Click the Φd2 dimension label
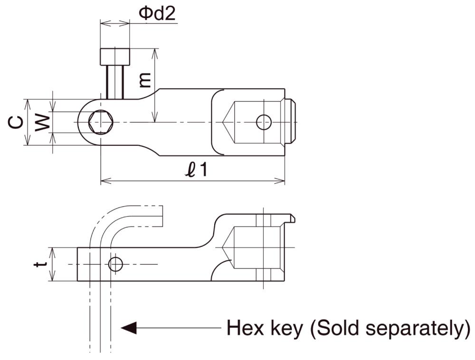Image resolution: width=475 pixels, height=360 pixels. click(x=157, y=13)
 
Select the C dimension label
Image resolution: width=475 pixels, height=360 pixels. click(x=16, y=123)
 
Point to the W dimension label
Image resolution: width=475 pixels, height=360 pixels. click(x=43, y=123)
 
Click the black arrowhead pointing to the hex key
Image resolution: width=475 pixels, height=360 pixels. click(x=129, y=327)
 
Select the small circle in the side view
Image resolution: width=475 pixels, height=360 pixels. click(x=115, y=264)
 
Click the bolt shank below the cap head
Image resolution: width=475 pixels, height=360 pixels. click(x=115, y=81)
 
